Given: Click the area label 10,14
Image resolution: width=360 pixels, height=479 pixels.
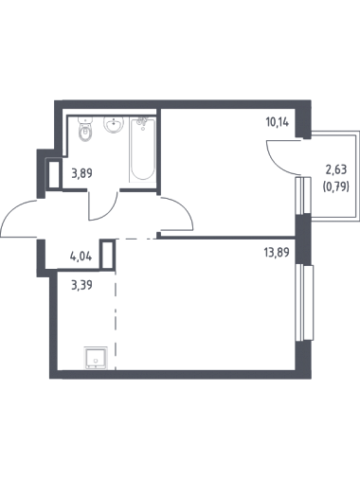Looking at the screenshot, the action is point(278,122).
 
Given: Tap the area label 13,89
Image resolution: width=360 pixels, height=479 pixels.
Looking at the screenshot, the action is point(277,253).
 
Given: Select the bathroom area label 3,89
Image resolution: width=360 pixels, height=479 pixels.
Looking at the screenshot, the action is point(81,173).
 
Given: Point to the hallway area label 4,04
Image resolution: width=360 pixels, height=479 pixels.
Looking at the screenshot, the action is point(81,256).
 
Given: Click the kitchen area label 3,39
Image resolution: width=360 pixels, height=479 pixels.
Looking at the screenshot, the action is point(81,286).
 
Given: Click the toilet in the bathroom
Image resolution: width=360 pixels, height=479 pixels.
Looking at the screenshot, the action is point(85,130).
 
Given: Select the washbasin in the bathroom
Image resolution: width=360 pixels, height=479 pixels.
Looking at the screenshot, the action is point(113,125).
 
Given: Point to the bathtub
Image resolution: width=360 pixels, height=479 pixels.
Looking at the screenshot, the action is point(143,149).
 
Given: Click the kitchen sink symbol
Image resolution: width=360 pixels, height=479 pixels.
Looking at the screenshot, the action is point(96,358).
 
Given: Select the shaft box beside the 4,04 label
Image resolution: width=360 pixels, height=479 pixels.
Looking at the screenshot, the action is point(107,255).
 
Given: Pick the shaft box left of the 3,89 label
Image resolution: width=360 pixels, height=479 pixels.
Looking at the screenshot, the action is point(54,174).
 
